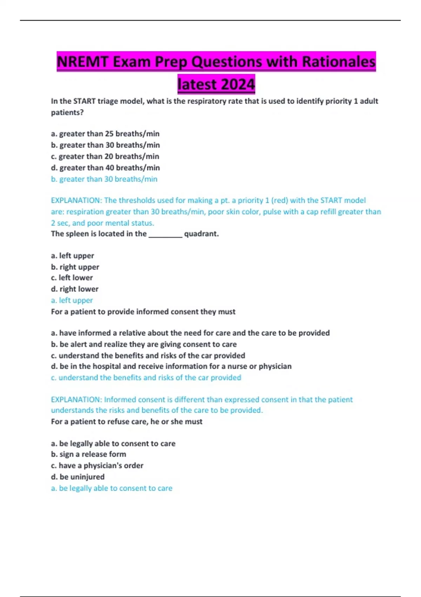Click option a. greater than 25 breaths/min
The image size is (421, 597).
[105, 134]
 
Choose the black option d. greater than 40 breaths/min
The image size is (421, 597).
[105, 168]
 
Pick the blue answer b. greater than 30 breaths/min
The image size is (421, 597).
[104, 179]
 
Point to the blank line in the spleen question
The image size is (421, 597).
[165, 234]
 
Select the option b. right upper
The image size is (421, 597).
[75, 267]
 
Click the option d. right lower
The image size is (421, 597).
[75, 289]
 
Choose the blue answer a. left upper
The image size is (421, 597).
[72, 301]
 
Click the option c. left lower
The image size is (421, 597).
[72, 278]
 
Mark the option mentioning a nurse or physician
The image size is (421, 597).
[171, 366]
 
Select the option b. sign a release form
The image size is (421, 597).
[88, 454]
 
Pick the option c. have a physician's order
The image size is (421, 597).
[97, 466]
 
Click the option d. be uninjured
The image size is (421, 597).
[78, 477]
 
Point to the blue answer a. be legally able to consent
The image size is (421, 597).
[112, 488]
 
